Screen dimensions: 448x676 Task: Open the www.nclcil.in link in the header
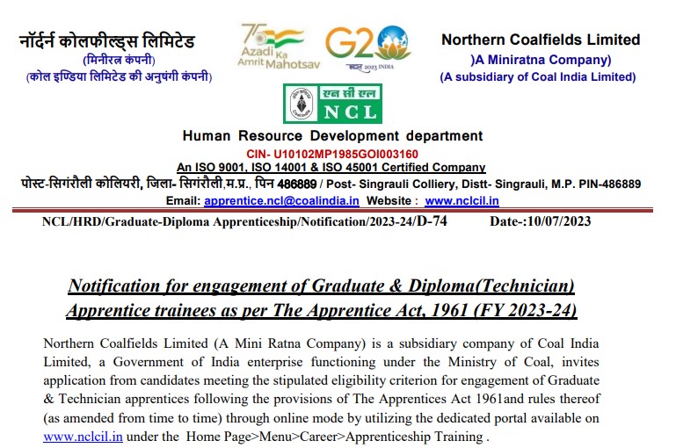[x=462, y=201]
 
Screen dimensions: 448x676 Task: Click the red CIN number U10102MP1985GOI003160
[x=332, y=153]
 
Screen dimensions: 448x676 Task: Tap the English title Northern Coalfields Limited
[x=541, y=40]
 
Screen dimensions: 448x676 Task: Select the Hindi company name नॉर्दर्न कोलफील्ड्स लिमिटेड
[x=107, y=41]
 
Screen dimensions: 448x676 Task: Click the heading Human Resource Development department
[x=332, y=136]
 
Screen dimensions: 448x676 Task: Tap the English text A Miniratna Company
[x=541, y=60]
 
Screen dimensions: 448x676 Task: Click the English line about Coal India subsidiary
[x=538, y=76]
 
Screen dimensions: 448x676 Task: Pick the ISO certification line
[x=331, y=167]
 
